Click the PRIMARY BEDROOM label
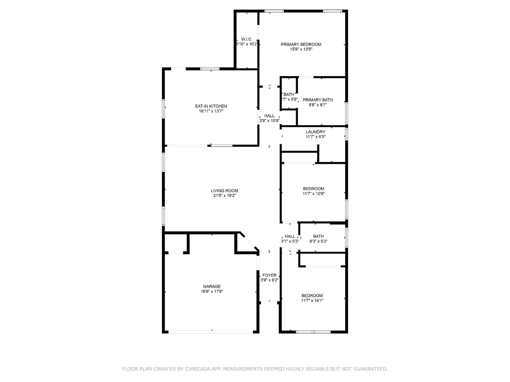pos(301,44)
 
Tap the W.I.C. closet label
pos(246,39)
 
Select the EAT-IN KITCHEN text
pos(211,106)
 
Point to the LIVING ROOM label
pos(224,191)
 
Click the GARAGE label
pos(212,286)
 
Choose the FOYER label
pos(269,275)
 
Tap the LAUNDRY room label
pos(315,132)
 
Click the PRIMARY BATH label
pos(317,100)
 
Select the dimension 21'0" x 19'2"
pos(224,196)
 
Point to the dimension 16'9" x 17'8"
pos(212,291)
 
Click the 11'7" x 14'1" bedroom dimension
pos(312,301)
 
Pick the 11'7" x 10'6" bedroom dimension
pos(314,194)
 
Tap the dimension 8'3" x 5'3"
pos(318,241)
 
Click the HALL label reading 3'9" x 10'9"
pos(269,116)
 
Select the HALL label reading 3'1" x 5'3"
pos(290,236)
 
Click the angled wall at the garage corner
pos(249,242)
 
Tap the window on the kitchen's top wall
pos(210,68)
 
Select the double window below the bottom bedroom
pos(313,332)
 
